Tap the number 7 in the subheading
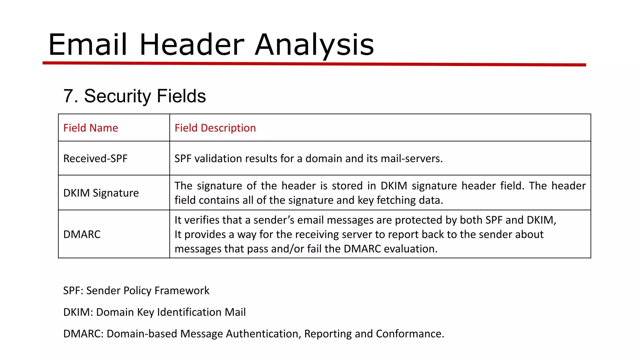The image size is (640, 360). coord(69,96)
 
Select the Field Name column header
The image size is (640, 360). coord(91,128)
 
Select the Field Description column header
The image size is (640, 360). coord(215,128)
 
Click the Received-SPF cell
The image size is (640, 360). coord(95,158)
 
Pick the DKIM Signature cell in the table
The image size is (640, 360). coord(101,193)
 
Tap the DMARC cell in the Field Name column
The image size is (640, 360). coord(82,234)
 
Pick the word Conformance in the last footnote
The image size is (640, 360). coord(410,334)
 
